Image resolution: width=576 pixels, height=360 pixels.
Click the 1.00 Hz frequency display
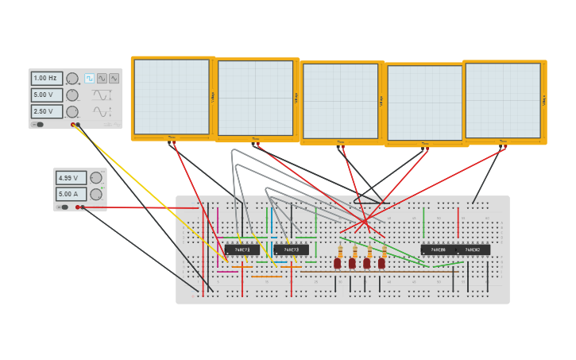pyautogui.click(x=46, y=79)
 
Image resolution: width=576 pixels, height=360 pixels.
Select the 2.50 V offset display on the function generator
pyautogui.click(x=46, y=112)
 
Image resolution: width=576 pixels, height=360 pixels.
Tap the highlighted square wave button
pyautogui.click(x=90, y=79)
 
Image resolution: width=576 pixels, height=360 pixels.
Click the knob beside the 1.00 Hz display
pyautogui.click(x=72, y=79)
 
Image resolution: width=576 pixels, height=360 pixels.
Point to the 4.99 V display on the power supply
pyautogui.click(x=70, y=179)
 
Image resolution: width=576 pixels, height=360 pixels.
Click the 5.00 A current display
pyautogui.click(x=70, y=194)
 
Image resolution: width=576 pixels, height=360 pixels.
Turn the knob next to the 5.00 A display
pyautogui.click(x=96, y=194)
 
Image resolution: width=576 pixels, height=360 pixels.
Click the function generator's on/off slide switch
pyautogui.click(x=37, y=125)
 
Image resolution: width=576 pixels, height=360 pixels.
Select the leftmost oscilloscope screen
pyautogui.click(x=172, y=97)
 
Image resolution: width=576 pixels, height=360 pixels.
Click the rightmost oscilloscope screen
pyautogui.click(x=502, y=100)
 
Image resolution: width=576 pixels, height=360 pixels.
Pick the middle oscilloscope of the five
pyautogui.click(x=340, y=101)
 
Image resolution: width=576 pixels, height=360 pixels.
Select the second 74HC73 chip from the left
pyautogui.click(x=291, y=250)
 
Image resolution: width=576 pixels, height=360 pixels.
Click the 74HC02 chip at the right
pyautogui.click(x=473, y=250)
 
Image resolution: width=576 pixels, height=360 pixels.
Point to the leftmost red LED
pyautogui.click(x=338, y=262)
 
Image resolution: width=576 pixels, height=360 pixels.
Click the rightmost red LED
pyautogui.click(x=381, y=262)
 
